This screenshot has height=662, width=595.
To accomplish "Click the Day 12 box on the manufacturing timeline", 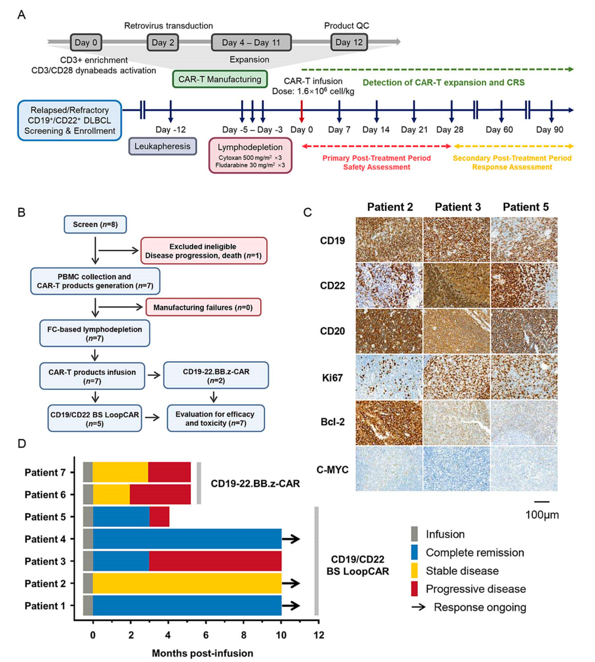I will coord(349,42).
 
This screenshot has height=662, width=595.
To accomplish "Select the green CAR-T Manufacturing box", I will coord(220,79).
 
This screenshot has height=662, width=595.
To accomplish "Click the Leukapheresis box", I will coord(162,146).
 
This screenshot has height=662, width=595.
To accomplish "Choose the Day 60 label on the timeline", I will coord(500,129).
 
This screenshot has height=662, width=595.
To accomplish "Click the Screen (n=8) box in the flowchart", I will coord(95,225).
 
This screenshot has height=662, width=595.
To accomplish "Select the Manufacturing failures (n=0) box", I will coord(203,307).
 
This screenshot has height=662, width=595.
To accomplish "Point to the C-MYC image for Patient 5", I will coord(523,468).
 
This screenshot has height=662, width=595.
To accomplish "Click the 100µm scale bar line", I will coord(542,502).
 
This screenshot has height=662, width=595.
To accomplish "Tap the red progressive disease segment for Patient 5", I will coord(160,517).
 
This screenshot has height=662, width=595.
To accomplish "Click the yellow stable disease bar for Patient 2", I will coord(187,584).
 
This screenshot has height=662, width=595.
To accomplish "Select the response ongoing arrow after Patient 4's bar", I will coord(291,539).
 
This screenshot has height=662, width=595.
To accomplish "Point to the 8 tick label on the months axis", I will coord(244,635).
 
